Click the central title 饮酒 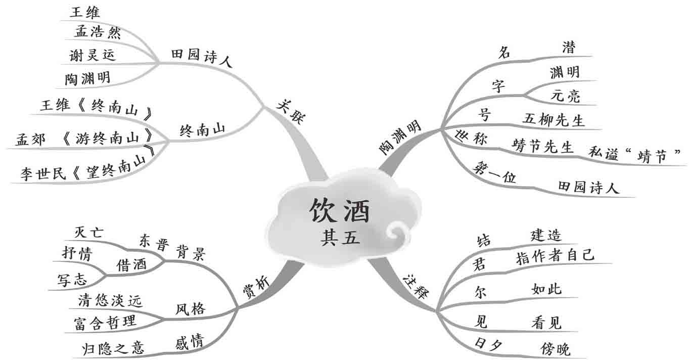point(340,211)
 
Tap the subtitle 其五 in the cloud point(340,237)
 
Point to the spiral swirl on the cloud point(397,234)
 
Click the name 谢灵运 point(93,55)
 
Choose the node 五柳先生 point(554,120)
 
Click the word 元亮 point(565,97)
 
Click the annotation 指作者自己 point(555,256)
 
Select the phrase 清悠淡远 point(110,301)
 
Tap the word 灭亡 point(88,233)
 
